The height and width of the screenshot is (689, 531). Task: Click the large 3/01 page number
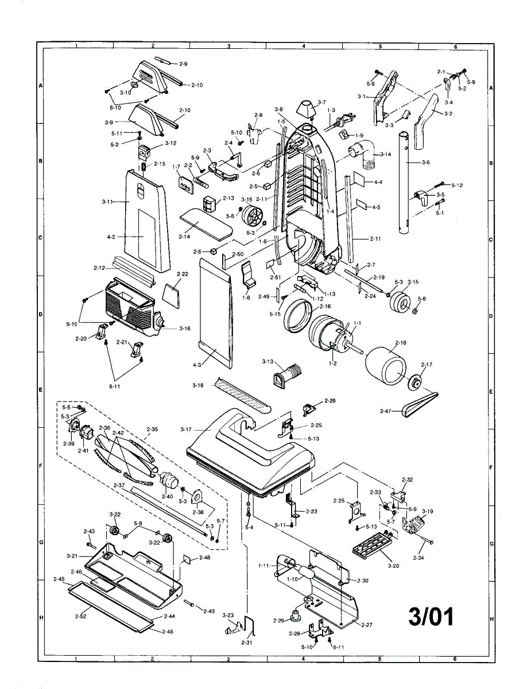tap(431, 616)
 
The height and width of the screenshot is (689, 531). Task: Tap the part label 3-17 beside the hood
tap(186, 429)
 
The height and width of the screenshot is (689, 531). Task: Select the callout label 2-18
tap(401, 342)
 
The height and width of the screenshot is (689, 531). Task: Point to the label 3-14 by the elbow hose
tap(385, 154)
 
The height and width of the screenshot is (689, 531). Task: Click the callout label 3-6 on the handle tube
tap(425, 163)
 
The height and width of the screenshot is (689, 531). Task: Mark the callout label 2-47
tap(386, 411)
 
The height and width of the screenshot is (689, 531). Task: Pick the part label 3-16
tap(185, 328)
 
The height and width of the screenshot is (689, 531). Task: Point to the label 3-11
tap(107, 202)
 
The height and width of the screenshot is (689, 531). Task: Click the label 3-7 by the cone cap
tap(321, 102)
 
